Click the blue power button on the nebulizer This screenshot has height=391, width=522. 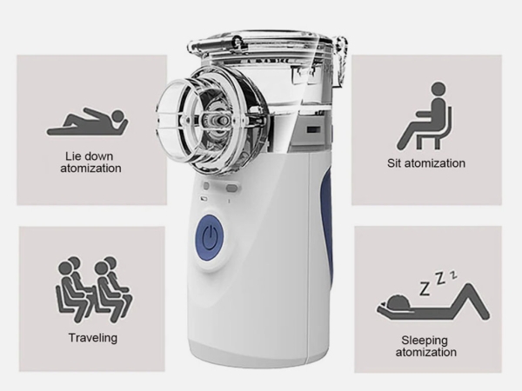point(209,237)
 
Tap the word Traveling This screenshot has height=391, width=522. point(93,338)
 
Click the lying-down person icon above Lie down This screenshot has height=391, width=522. point(88,121)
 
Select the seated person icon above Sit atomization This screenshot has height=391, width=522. point(425,116)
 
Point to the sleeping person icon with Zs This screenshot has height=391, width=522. point(433,296)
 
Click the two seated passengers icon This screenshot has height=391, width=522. point(94,289)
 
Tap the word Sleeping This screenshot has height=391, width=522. point(425,341)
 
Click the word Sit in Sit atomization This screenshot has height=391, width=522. point(394,163)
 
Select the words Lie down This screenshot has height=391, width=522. point(89,156)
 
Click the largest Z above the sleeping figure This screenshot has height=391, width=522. point(425,288)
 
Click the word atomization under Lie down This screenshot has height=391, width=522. point(90,168)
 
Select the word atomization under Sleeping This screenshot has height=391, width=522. point(425,352)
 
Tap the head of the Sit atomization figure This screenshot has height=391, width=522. point(438,89)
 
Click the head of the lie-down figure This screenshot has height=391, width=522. point(118,116)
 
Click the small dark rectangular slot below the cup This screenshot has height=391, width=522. point(313,129)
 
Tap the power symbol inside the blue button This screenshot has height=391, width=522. point(209,237)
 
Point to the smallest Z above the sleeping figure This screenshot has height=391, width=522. point(453,275)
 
